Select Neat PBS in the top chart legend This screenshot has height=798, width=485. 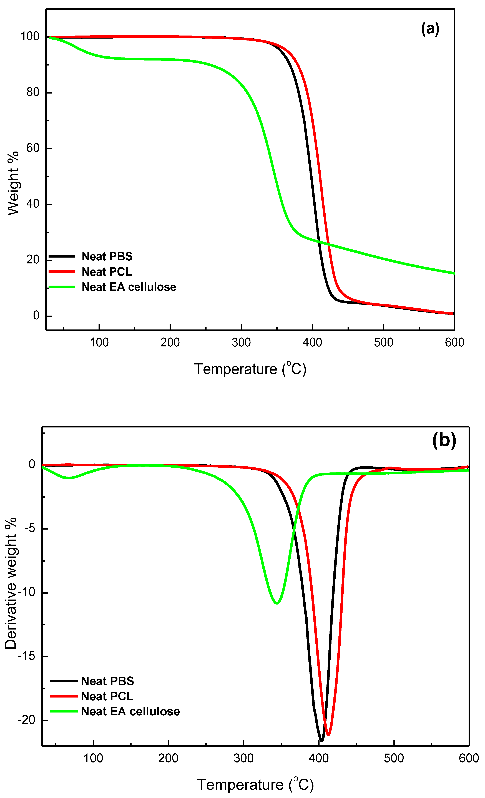(107, 256)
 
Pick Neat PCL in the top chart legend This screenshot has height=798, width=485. (107, 272)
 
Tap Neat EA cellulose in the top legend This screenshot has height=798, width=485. (129, 287)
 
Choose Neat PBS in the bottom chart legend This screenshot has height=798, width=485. (107, 681)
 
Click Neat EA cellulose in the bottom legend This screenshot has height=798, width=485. (130, 712)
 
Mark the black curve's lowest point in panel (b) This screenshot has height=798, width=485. (321, 740)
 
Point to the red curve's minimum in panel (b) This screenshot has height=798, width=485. (328, 734)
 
